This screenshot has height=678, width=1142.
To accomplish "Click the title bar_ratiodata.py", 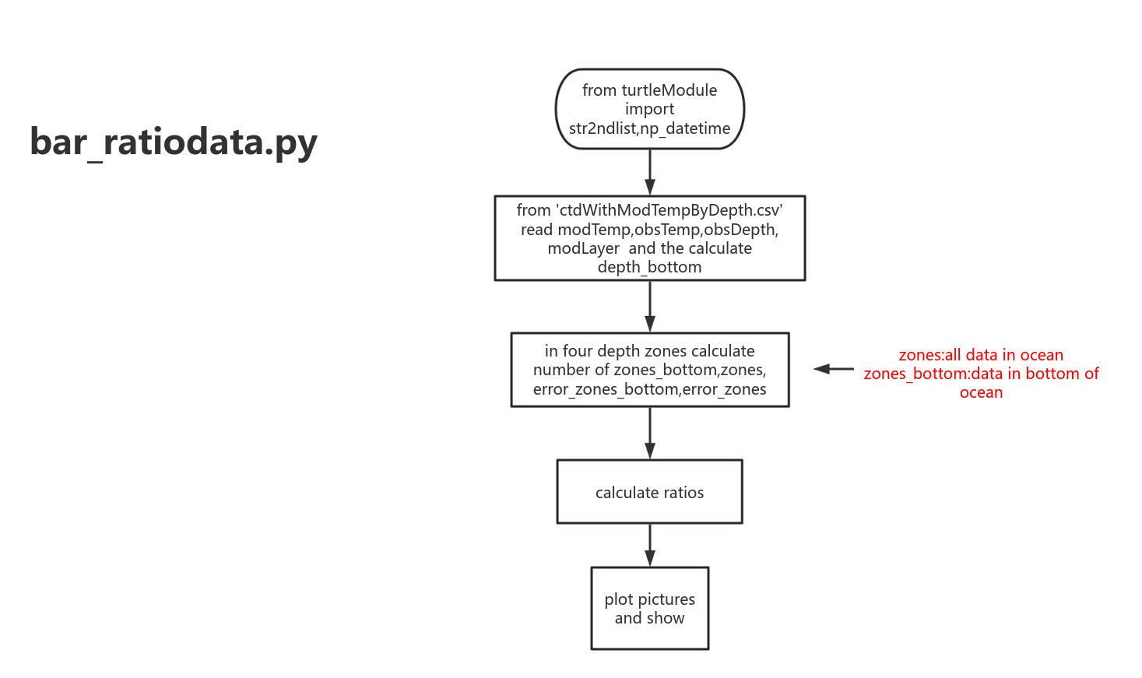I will [x=174, y=142].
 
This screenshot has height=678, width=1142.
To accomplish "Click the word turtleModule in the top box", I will [x=669, y=90].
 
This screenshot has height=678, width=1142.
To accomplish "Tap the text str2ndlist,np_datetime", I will [x=649, y=128].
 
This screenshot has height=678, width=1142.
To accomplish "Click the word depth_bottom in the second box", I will [x=649, y=267].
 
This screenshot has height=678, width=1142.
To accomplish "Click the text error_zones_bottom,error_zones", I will [x=649, y=389].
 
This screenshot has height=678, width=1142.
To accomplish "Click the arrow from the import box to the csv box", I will [x=649, y=172].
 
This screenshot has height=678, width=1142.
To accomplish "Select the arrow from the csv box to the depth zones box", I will [x=649, y=306].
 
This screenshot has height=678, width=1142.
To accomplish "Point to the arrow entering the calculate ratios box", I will [x=649, y=433].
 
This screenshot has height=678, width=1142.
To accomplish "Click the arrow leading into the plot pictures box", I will [x=649, y=545].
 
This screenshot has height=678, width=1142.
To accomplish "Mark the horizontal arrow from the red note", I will [x=834, y=369].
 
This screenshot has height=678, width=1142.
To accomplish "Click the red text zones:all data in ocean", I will [x=981, y=355].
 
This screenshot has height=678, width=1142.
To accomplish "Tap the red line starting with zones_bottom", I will [x=981, y=374].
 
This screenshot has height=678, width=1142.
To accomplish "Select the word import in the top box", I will [x=649, y=109].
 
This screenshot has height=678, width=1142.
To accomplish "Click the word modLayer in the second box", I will [x=583, y=248].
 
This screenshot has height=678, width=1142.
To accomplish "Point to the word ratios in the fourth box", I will [x=683, y=493].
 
